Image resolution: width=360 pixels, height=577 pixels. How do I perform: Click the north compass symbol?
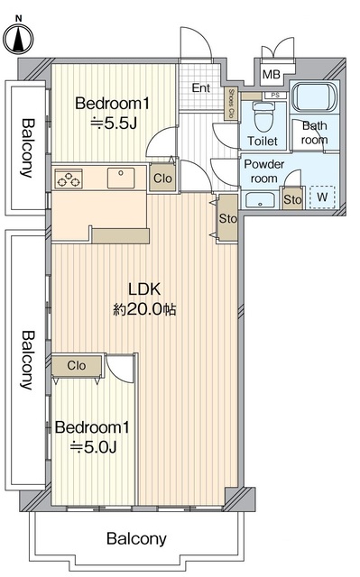coord(18,38)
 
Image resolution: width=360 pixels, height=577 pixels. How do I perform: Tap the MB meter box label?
coord(272,75)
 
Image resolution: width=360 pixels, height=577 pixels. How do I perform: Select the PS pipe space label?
coord(275,96)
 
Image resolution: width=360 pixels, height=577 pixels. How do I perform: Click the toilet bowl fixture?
coord(263,116)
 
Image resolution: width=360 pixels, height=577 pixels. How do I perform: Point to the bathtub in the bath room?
coord(314,96)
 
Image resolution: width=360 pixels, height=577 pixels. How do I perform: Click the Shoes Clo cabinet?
coord(231,104)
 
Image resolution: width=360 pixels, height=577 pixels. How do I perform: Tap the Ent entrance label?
coord(201,88)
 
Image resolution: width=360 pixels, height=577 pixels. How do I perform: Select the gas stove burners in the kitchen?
coord(69,179)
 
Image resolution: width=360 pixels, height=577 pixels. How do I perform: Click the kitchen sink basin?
coord(121,179)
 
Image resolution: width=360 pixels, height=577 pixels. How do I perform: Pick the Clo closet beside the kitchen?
coord(162,179)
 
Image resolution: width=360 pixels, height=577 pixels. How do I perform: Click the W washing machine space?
coord(322,197)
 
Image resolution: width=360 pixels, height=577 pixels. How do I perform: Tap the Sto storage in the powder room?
coord(292,198)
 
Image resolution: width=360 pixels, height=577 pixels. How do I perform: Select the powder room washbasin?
coord(260,200)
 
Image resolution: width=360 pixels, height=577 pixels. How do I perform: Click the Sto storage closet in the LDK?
coord(228,218)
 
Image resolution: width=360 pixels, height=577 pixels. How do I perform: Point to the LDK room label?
coord(144,289)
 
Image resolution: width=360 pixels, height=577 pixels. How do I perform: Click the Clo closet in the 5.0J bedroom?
coord(77,366)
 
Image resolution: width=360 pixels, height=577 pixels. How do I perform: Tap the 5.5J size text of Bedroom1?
coord(114,124)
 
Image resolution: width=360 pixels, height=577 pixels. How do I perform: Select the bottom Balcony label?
coord(136,539)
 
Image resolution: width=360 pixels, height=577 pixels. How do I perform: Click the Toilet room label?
coord(263,141)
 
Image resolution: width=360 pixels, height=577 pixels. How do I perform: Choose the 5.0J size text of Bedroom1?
coord(94,447)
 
